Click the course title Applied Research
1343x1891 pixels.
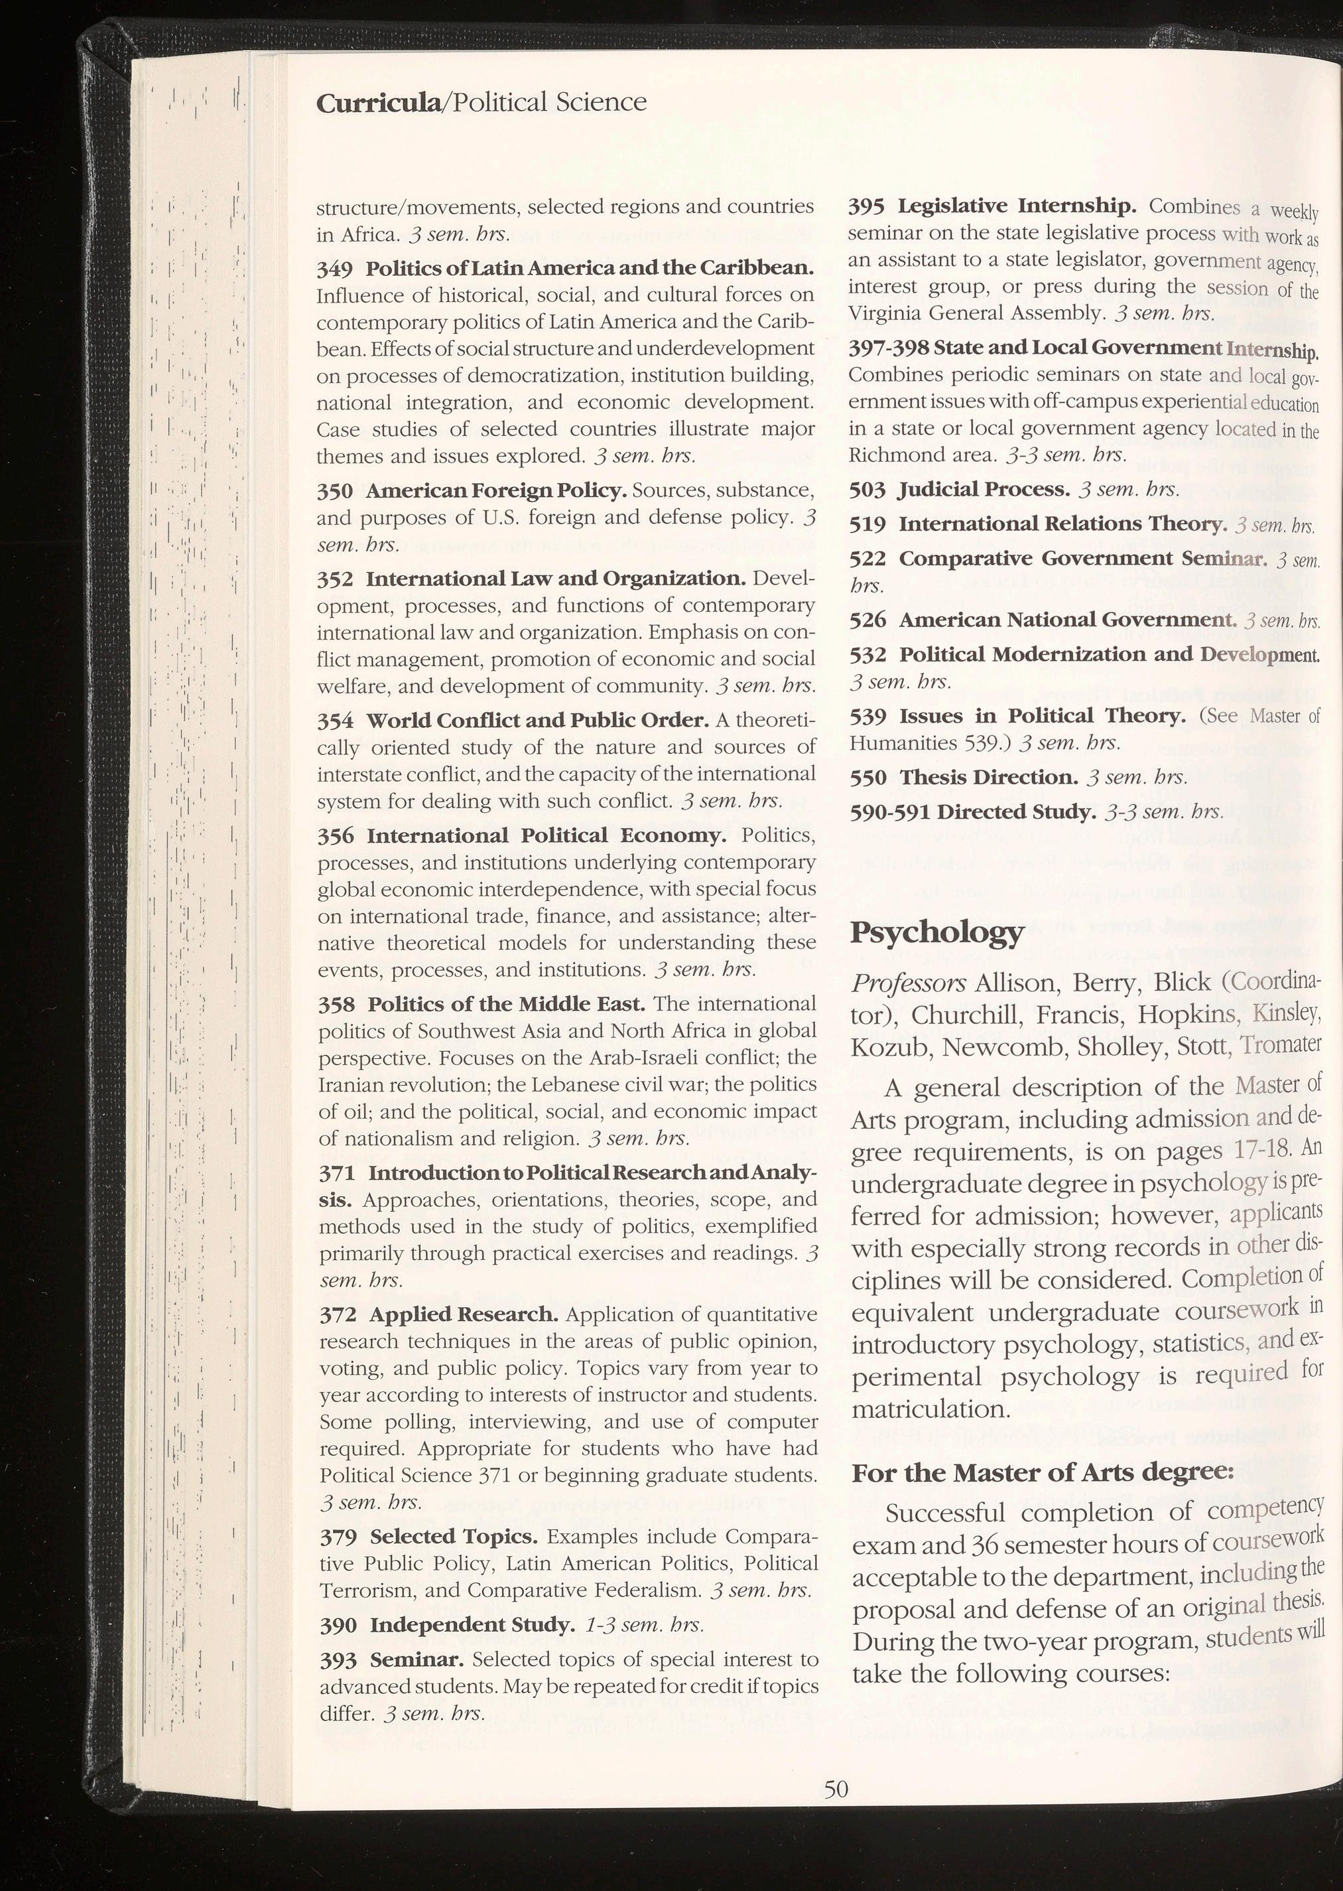click(x=465, y=1314)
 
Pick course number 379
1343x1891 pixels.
click(x=338, y=1537)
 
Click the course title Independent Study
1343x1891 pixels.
click(x=472, y=1626)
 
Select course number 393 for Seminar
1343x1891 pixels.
click(x=338, y=1660)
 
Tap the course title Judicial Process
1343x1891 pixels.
click(x=984, y=489)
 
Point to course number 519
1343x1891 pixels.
click(x=867, y=524)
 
